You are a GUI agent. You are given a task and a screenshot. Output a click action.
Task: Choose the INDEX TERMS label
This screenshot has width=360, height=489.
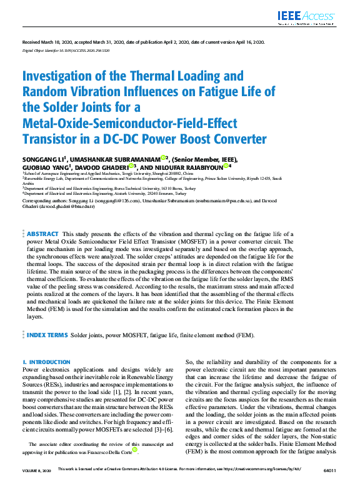click(47, 335)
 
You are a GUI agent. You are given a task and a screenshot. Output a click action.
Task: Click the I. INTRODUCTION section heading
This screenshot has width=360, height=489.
click(46, 362)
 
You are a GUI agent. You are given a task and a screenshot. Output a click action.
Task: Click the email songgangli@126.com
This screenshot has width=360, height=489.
click(118, 201)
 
